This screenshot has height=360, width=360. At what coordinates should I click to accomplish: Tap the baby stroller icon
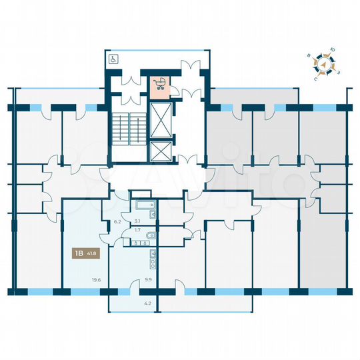160,83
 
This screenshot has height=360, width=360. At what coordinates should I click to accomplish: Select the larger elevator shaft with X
161,120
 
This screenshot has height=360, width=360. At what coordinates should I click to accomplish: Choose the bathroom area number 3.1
137,221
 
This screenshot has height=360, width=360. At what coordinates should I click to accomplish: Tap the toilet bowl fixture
153,234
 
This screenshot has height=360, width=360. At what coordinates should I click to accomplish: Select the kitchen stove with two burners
153,255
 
